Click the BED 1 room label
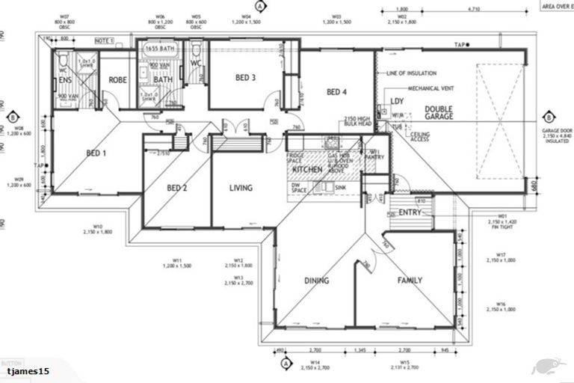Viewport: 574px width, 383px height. [x=96, y=153]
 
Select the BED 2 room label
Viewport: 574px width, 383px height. [x=176, y=188]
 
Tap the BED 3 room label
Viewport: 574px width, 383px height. [x=246, y=78]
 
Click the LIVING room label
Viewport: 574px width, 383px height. [x=241, y=188]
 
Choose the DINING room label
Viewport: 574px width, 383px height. [x=316, y=281]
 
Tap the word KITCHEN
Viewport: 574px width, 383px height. [x=306, y=171]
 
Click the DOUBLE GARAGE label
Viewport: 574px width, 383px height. [x=439, y=113]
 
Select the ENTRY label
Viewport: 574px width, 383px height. [x=410, y=212]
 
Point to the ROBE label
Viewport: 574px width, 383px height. [x=118, y=79]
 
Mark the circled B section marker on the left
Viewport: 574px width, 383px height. [x=13, y=117]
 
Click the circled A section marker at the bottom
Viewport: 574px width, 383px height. [x=285, y=364]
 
